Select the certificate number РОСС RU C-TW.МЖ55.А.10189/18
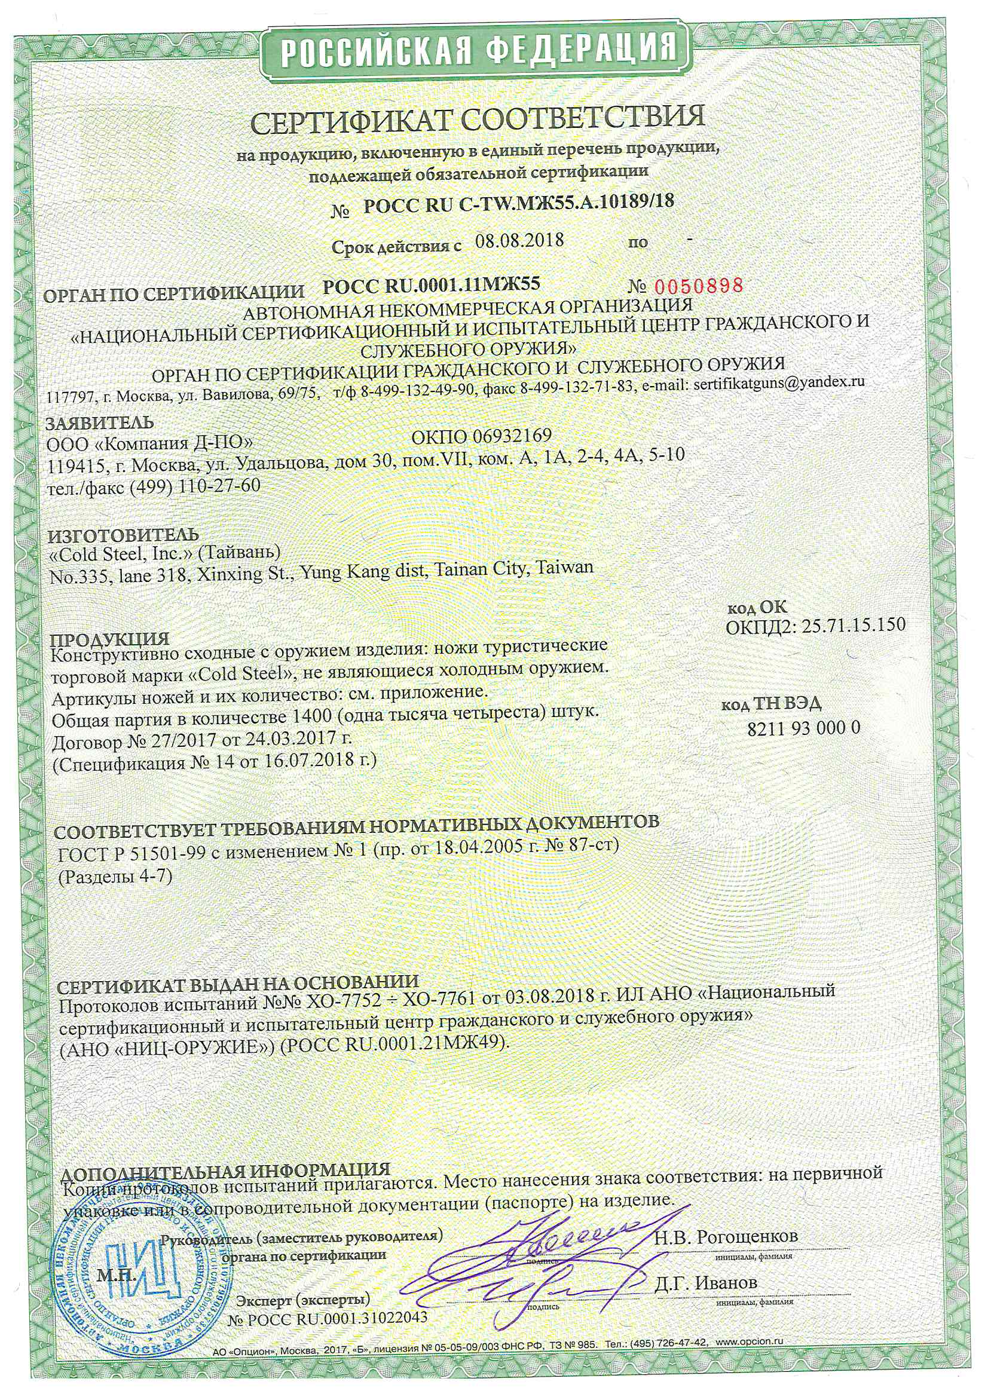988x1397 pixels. coord(519,203)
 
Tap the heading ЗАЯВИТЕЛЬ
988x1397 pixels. coord(100,422)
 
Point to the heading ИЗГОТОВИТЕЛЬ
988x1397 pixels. coord(124,535)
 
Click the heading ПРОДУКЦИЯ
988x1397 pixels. coord(109,639)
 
